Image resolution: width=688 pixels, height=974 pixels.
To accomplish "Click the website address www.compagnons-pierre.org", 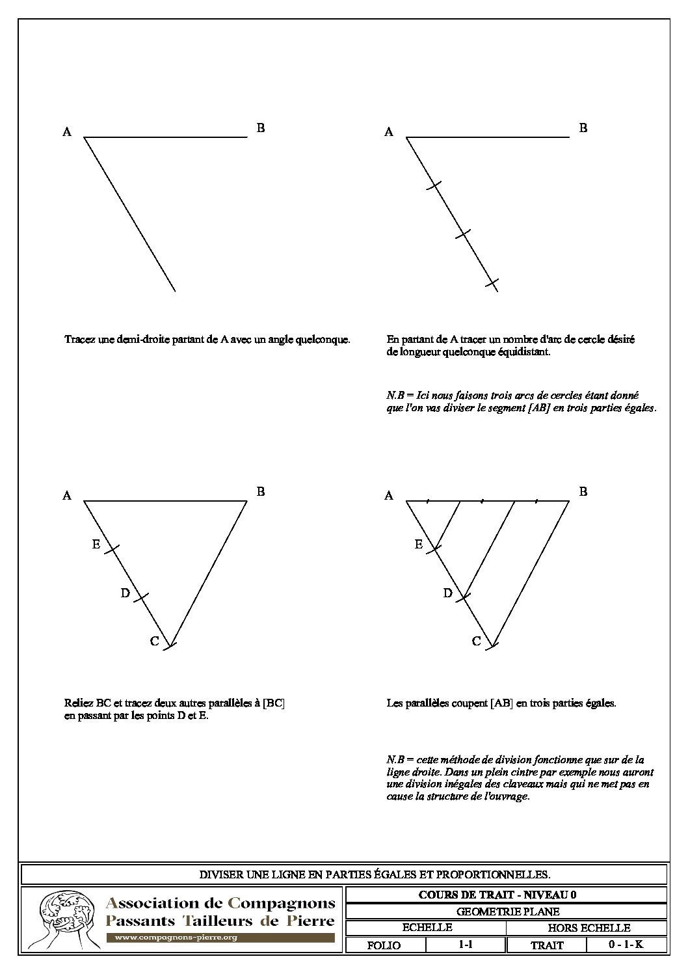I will click(x=176, y=938).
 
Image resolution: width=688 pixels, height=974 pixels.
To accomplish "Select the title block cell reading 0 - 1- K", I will click(x=626, y=945).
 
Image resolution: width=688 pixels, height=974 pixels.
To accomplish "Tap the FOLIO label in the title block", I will click(x=384, y=945).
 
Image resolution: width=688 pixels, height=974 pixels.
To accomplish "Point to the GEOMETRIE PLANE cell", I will click(x=507, y=912).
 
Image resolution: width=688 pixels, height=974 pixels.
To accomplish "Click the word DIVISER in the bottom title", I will click(x=221, y=874).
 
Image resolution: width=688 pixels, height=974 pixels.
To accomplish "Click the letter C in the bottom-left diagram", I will click(x=155, y=642).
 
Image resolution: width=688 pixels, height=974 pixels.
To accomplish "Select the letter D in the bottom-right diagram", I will click(x=447, y=593).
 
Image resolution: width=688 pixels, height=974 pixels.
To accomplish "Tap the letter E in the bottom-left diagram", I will click(x=96, y=545).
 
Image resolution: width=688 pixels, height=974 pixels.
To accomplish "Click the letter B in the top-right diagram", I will click(x=583, y=128).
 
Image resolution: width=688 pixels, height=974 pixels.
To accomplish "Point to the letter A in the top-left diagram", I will click(x=67, y=133).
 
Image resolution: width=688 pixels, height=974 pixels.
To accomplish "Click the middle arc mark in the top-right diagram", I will click(x=462, y=234).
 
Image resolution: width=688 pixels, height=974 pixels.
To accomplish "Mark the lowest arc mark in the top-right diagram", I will click(x=492, y=283).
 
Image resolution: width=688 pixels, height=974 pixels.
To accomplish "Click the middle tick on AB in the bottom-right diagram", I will click(x=481, y=501).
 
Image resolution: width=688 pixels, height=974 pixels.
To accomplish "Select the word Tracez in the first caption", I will click(x=78, y=339).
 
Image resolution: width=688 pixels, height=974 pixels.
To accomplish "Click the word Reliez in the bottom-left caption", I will click(x=78, y=703).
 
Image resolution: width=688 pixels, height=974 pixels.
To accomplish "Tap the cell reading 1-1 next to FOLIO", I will click(x=465, y=945).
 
